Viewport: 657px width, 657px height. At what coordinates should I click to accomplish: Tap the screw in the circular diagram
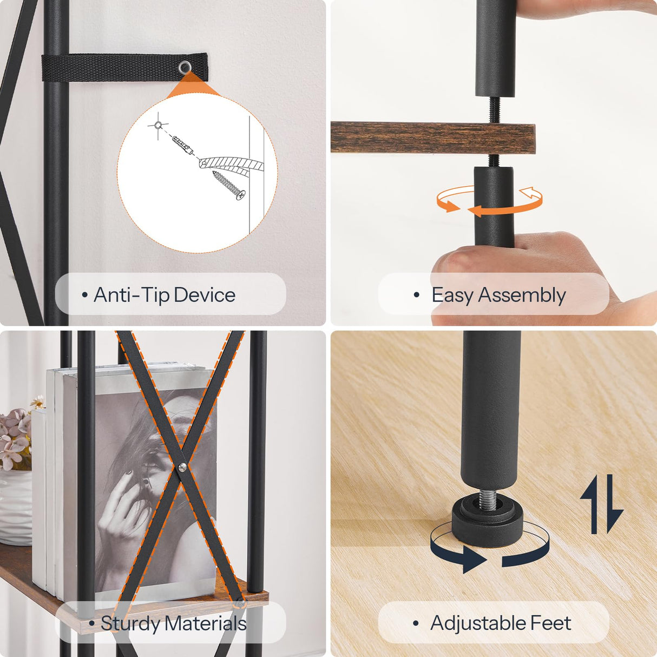(229, 185)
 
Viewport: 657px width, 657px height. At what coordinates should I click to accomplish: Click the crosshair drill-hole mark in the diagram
(157, 126)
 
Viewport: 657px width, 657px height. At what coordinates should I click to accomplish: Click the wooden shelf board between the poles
(432, 139)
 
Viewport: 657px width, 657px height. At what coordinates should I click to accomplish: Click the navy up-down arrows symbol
(601, 504)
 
